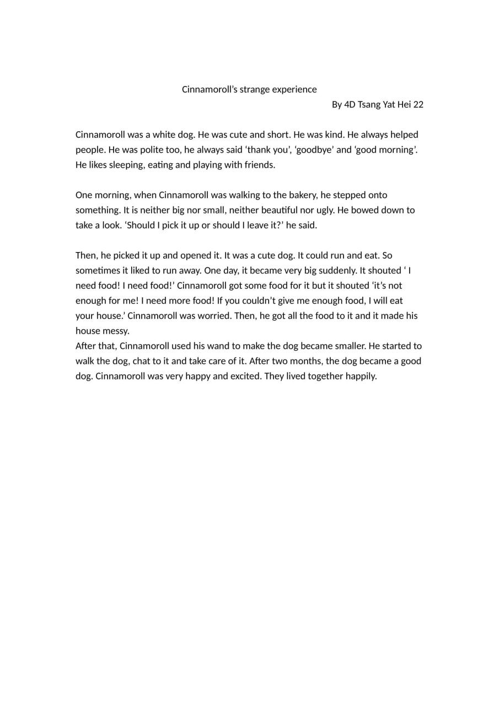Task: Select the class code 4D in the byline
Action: click(x=350, y=105)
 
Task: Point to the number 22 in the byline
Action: click(x=418, y=105)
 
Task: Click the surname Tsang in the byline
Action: click(x=369, y=105)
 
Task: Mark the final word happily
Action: click(x=361, y=376)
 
